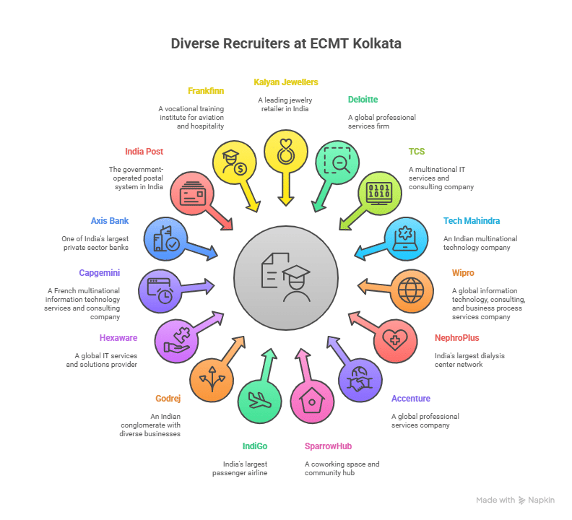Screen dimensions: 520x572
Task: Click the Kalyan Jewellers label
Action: coord(285,82)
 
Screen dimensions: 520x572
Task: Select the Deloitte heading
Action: coord(363,100)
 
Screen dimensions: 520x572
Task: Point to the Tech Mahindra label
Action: coord(471,221)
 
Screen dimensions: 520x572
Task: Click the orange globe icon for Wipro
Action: coord(412,290)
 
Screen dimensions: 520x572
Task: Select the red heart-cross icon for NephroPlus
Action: coord(394,339)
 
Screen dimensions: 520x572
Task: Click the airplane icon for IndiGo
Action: coord(259,401)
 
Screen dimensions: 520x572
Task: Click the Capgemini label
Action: coord(100,273)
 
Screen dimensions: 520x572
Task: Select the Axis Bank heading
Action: coord(109,221)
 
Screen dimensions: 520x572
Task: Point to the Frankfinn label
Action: coord(205,91)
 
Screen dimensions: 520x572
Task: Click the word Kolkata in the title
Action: coord(374,43)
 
